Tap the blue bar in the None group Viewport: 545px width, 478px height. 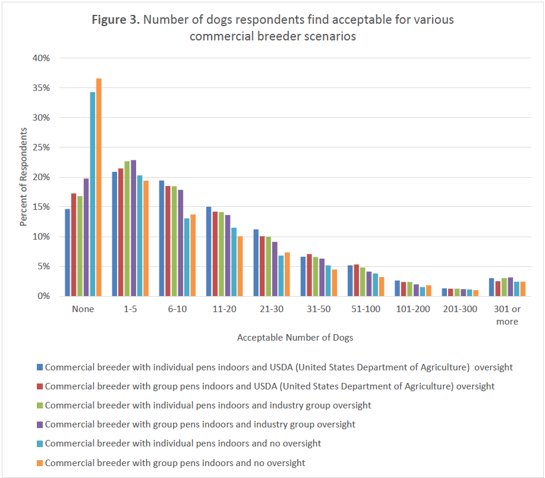click(x=68, y=252)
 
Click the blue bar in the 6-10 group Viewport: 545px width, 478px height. click(x=162, y=238)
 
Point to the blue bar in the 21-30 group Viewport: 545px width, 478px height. click(x=256, y=262)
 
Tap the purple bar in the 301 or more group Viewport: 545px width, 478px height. click(x=510, y=287)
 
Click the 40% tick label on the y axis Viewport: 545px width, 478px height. click(x=41, y=58)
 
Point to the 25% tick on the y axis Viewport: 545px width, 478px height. click(x=41, y=147)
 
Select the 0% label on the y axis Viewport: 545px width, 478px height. click(x=43, y=296)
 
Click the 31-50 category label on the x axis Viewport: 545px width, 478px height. click(x=319, y=309)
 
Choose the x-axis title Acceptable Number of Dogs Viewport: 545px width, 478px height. click(x=295, y=338)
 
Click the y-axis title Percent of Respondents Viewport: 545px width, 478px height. click(x=24, y=177)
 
